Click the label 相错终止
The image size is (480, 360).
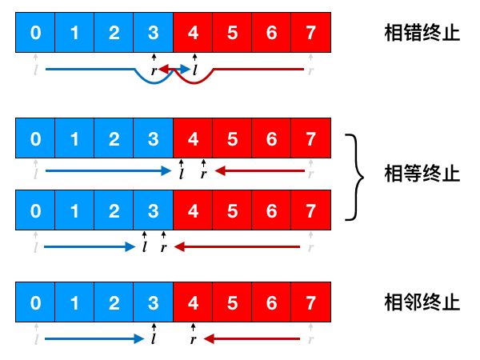[x=422, y=34]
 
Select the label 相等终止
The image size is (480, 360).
[x=422, y=174]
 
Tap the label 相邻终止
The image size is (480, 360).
[x=422, y=302]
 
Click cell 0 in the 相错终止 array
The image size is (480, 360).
[x=34, y=34]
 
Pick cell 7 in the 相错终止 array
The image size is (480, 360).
[x=310, y=34]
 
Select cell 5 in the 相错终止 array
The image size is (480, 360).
[x=232, y=34]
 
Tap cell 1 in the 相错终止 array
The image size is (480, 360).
[x=74, y=34]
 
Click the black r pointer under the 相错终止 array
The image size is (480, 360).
[x=154, y=70]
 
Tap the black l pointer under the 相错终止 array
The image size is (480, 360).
[x=193, y=70]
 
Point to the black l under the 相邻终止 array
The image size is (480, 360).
[x=154, y=339]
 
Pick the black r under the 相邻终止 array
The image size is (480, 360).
[x=193, y=339]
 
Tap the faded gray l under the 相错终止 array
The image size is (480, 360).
[x=35, y=70]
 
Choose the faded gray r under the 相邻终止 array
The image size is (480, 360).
[x=310, y=339]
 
